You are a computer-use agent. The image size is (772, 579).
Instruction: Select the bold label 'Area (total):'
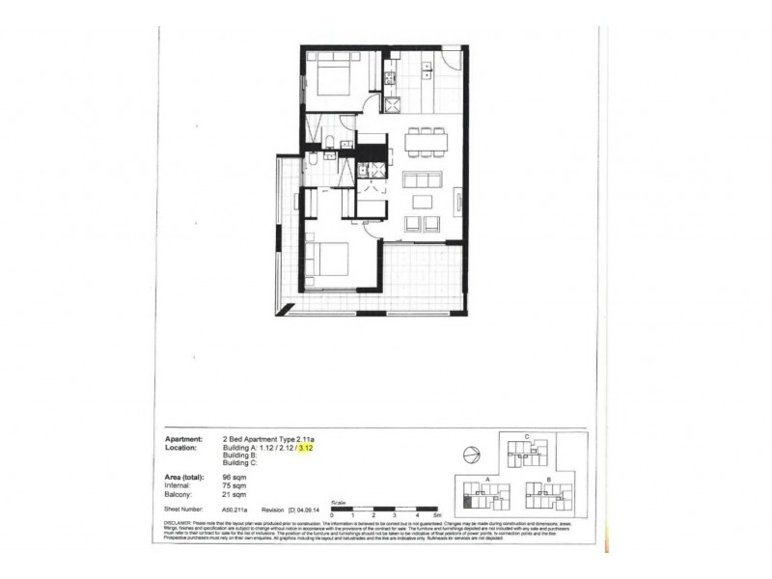pyautogui.click(x=190, y=478)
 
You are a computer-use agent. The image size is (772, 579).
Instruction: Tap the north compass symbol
pyautogui.click(x=469, y=455)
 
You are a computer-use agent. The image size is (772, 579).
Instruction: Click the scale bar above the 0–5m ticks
pyautogui.click(x=383, y=509)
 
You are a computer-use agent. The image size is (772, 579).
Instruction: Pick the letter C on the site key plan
pyautogui.click(x=525, y=436)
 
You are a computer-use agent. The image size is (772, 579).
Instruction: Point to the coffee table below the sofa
pyautogui.click(x=422, y=202)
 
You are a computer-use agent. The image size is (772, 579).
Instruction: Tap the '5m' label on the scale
pyautogui.click(x=435, y=516)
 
